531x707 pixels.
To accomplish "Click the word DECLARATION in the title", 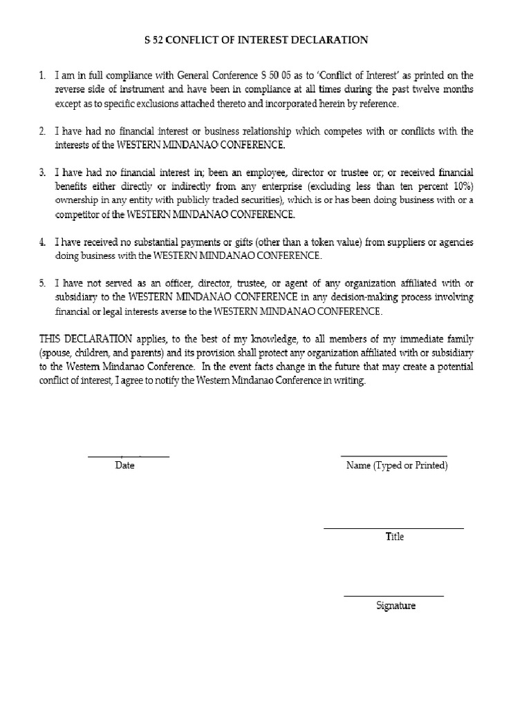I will pyautogui.click(x=329, y=40).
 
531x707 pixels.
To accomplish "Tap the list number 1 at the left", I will pyautogui.click(x=41, y=75).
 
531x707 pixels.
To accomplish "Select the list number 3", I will pyautogui.click(x=41, y=172).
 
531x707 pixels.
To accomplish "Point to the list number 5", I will pyautogui.click(x=41, y=284).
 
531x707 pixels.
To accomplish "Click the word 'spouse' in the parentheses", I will pyautogui.click(x=59, y=353).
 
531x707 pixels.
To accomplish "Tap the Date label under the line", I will pyautogui.click(x=124, y=465).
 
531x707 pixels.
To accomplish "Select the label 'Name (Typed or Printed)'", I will pyautogui.click(x=397, y=465).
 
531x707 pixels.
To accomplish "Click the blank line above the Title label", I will pyautogui.click(x=394, y=528).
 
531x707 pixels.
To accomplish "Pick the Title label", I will pyautogui.click(x=395, y=536).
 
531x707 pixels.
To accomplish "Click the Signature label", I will pyautogui.click(x=395, y=606).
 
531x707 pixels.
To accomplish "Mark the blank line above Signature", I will pyautogui.click(x=393, y=596).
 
